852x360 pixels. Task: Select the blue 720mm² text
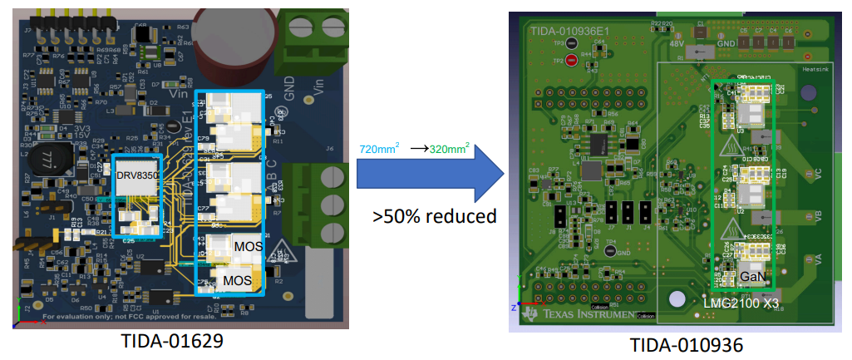point(379,149)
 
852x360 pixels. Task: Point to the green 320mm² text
point(450,149)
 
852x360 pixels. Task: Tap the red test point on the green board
point(571,60)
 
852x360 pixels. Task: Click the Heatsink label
point(813,70)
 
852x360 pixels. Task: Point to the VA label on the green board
point(818,260)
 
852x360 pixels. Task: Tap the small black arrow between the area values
point(418,150)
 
